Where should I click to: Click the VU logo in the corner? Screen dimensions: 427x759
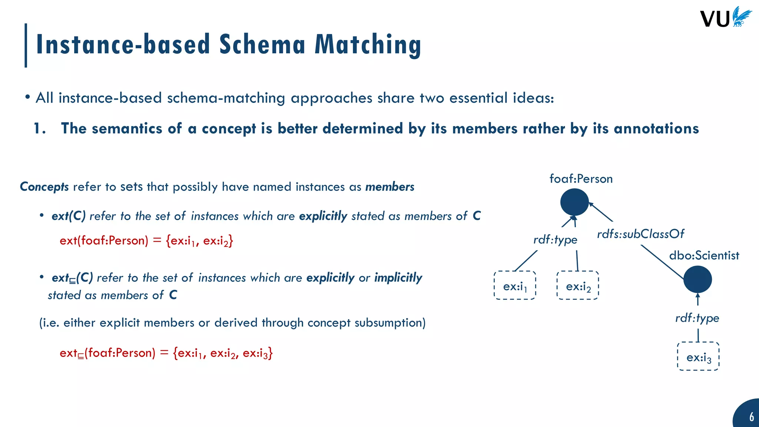(x=726, y=18)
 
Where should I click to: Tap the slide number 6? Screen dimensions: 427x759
(x=751, y=417)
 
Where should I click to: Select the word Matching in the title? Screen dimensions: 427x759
(x=368, y=44)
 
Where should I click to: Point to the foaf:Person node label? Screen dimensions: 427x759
(x=581, y=179)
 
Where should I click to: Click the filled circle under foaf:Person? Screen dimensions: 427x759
(x=574, y=202)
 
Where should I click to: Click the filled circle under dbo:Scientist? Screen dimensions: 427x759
(x=697, y=279)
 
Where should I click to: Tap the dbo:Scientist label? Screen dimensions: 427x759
(x=704, y=255)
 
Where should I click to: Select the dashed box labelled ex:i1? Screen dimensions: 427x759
(x=515, y=285)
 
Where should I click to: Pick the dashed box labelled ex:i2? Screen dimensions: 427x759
(x=578, y=285)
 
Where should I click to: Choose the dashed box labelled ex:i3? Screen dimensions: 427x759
(x=698, y=356)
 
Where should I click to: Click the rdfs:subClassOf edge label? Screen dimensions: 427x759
(x=640, y=234)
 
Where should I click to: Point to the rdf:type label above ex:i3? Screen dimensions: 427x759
(x=697, y=318)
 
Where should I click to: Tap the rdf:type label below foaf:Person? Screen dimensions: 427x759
(x=555, y=240)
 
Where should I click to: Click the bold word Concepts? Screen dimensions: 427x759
(x=44, y=187)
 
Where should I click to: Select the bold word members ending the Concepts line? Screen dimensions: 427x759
(x=390, y=187)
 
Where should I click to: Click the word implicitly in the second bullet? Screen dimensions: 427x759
(x=398, y=278)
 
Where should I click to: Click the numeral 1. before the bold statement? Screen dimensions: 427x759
(x=40, y=129)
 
